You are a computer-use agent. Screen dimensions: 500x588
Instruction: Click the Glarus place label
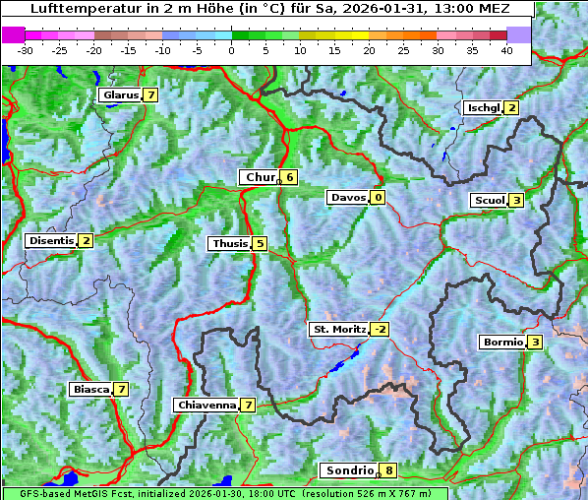point(119,95)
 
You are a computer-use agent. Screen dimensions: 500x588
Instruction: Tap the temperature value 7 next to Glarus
point(149,95)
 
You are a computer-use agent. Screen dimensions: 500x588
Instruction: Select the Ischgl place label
point(483,107)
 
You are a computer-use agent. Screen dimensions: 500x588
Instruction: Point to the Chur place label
point(260,177)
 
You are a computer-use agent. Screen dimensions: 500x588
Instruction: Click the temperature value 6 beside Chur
point(290,177)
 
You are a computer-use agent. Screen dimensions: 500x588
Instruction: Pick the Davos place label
point(348,197)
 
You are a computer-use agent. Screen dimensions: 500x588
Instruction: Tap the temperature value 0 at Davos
point(378,197)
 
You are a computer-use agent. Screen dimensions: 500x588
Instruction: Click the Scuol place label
point(489,200)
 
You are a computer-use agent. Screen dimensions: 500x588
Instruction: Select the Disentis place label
point(51,240)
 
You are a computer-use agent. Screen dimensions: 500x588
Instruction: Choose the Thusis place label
point(229,243)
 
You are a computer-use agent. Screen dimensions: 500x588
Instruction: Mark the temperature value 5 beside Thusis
point(260,243)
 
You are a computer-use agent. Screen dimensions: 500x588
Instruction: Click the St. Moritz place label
point(338,329)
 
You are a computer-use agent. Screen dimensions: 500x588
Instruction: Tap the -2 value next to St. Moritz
point(380,329)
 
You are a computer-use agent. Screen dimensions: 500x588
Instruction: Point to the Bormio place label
point(501,343)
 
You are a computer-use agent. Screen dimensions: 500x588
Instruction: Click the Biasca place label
point(90,389)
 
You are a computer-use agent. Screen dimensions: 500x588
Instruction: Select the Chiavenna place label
point(206,405)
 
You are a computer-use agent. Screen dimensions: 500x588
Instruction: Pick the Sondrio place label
point(349,470)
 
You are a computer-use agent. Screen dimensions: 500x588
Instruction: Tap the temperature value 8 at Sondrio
point(389,470)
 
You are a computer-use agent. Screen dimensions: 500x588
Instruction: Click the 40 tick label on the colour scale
point(506,49)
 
